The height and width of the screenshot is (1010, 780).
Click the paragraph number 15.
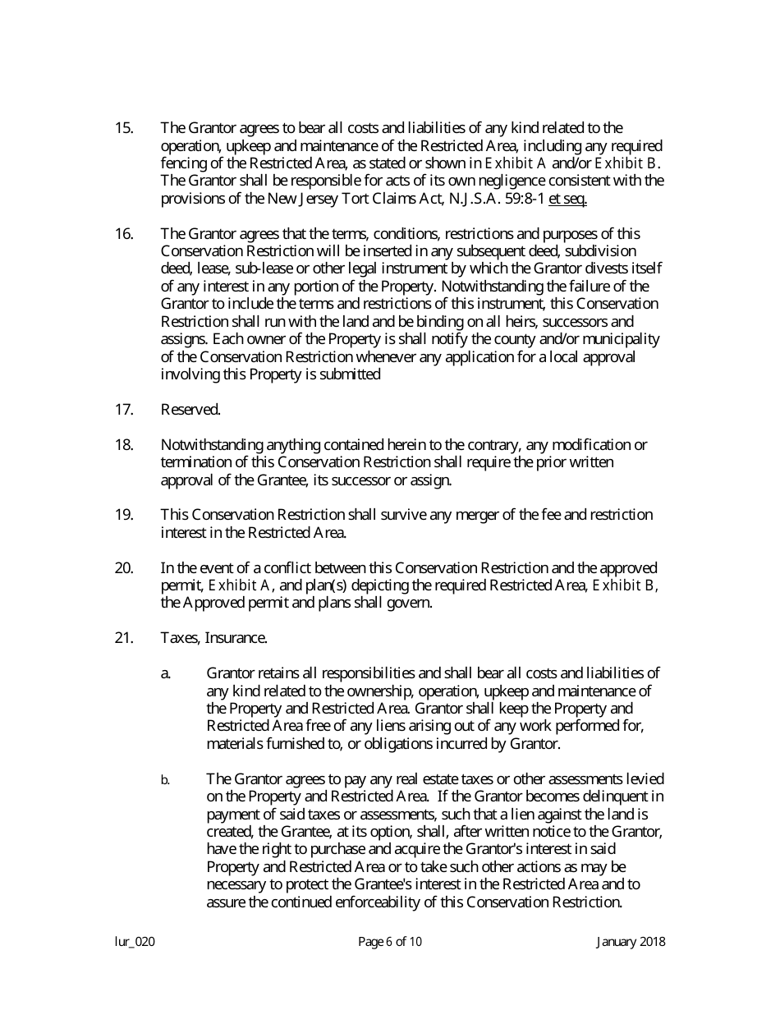(x=123, y=127)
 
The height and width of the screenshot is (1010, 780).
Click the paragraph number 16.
(x=123, y=233)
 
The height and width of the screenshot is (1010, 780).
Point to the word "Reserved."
(x=190, y=410)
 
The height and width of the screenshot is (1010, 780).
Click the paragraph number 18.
(x=123, y=445)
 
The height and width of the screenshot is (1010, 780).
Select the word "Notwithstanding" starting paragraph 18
(x=206, y=445)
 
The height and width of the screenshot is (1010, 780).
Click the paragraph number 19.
(x=123, y=515)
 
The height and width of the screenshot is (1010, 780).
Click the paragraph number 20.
(x=123, y=568)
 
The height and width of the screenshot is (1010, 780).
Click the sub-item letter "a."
(x=166, y=674)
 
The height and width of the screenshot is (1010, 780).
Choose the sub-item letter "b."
(x=165, y=780)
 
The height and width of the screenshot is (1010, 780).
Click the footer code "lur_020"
(x=135, y=942)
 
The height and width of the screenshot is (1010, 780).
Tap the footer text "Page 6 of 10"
(x=390, y=942)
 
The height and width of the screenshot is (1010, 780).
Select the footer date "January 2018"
(x=631, y=942)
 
